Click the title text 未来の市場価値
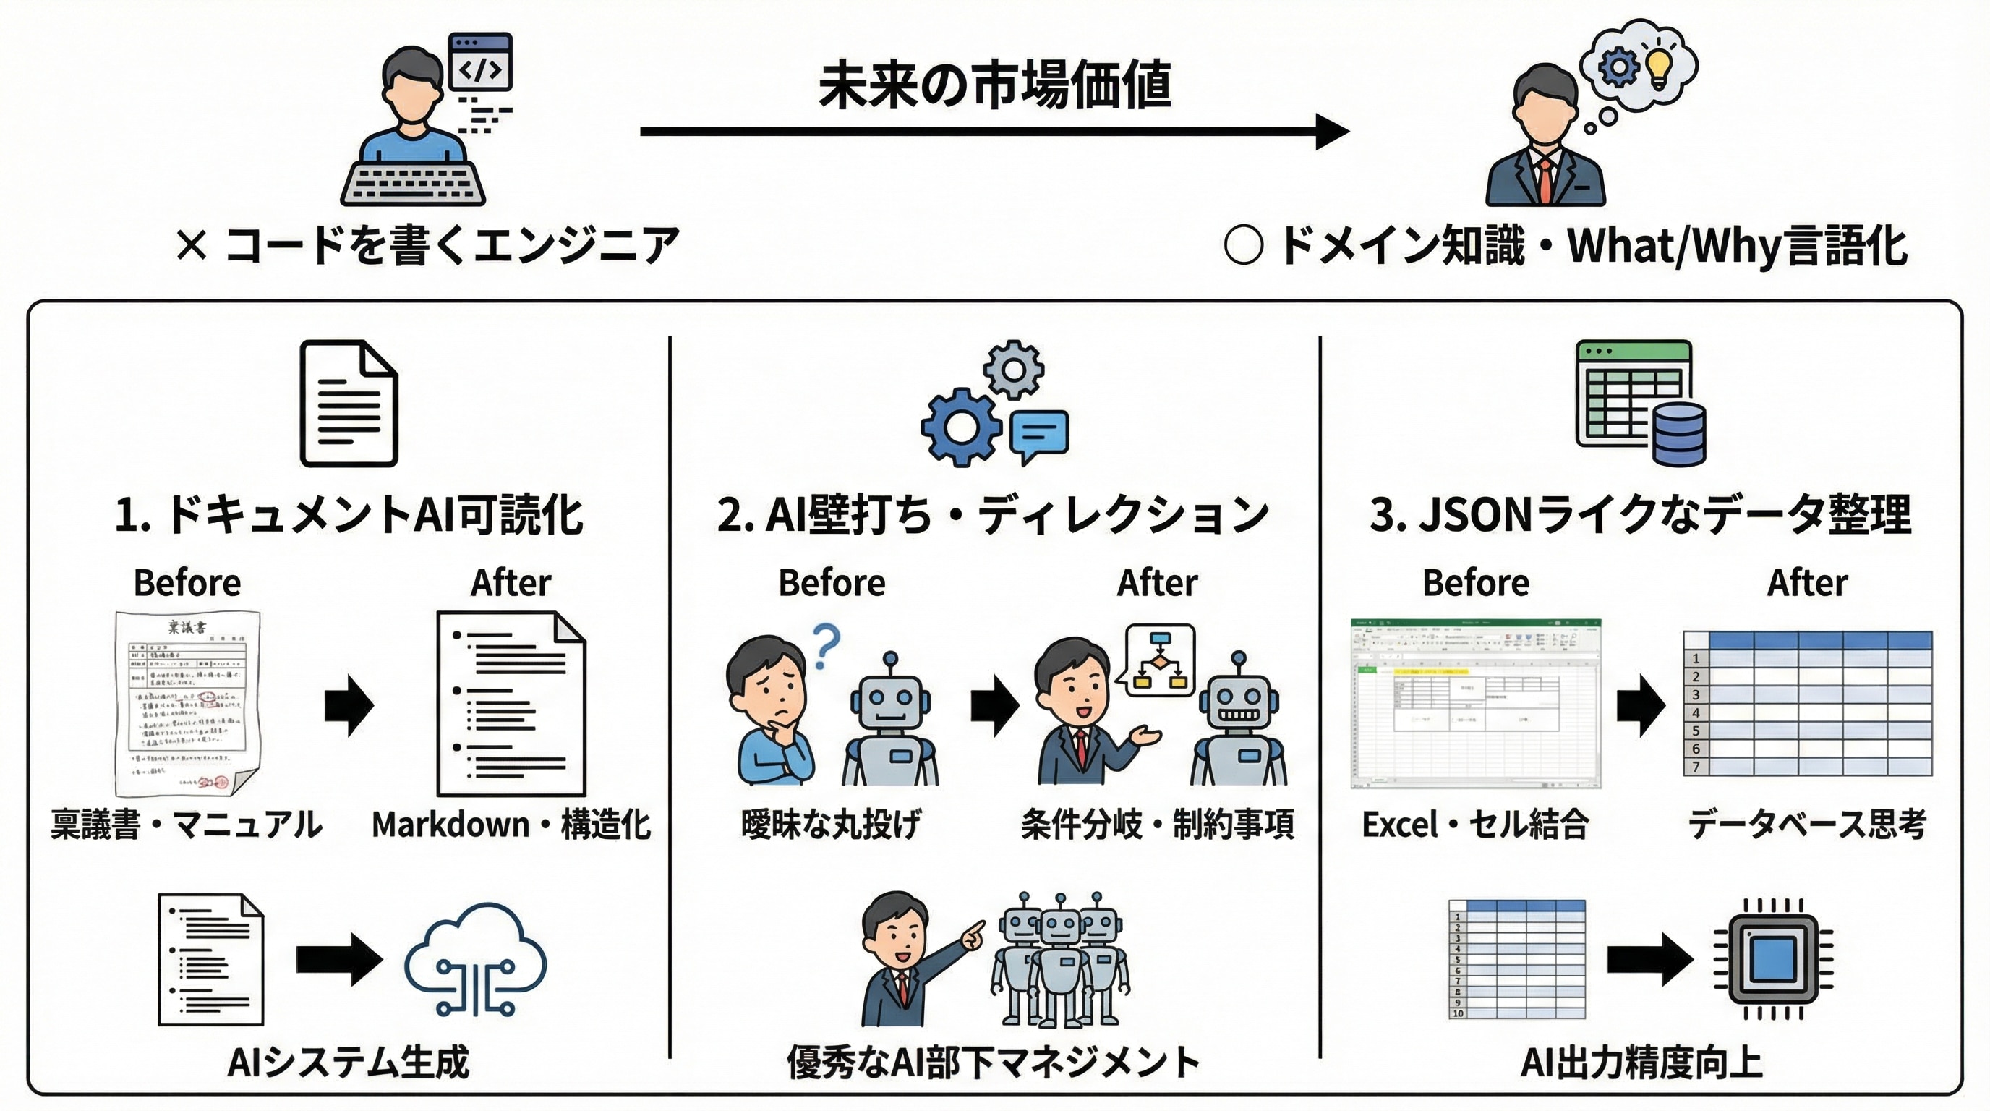(x=994, y=84)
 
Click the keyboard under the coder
(x=414, y=183)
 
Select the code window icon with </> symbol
(x=480, y=61)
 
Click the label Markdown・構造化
(x=511, y=825)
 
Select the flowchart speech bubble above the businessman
(x=1158, y=660)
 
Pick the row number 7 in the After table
(x=1696, y=767)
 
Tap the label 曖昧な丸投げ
(x=830, y=825)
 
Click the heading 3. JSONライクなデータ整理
(x=1640, y=515)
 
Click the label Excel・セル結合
(x=1474, y=825)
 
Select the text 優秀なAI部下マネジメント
(x=993, y=1063)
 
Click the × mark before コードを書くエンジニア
(x=191, y=246)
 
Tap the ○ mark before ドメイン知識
(x=1243, y=246)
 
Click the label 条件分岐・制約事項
(x=1157, y=825)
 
